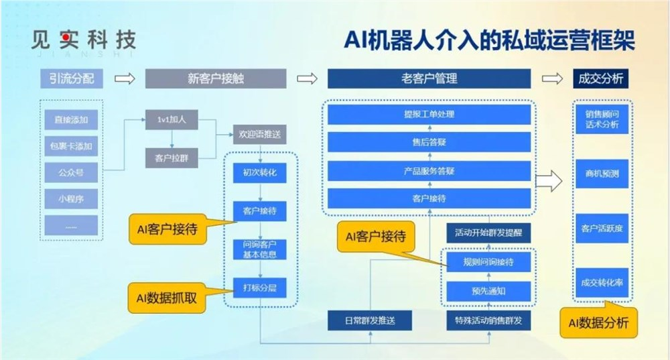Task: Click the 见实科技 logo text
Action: click(83, 40)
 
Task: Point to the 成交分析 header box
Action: click(600, 78)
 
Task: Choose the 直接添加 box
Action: click(71, 120)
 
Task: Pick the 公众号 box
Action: click(71, 172)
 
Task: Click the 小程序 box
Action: click(71, 198)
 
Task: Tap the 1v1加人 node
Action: click(172, 121)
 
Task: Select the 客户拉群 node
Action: click(172, 158)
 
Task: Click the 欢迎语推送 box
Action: click(260, 134)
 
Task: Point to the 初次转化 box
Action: click(260, 173)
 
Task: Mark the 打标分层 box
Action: click(260, 288)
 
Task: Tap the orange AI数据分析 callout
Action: click(598, 323)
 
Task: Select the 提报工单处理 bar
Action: click(429, 114)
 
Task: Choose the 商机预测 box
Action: click(601, 174)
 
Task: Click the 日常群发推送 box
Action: click(370, 320)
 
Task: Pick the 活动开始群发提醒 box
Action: click(488, 233)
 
